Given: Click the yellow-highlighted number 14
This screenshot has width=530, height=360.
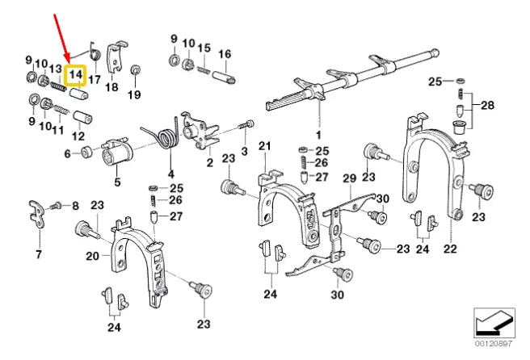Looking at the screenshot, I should click(x=75, y=75).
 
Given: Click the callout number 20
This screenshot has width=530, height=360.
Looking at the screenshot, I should click(x=91, y=256).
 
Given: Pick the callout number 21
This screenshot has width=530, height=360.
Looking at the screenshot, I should click(x=263, y=145).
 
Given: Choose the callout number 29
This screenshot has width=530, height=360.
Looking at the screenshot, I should click(x=349, y=178).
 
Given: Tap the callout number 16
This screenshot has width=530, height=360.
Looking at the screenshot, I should click(x=225, y=54).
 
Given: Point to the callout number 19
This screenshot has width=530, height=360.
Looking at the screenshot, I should click(x=135, y=95).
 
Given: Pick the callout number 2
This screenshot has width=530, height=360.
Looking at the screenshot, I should click(x=209, y=162).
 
